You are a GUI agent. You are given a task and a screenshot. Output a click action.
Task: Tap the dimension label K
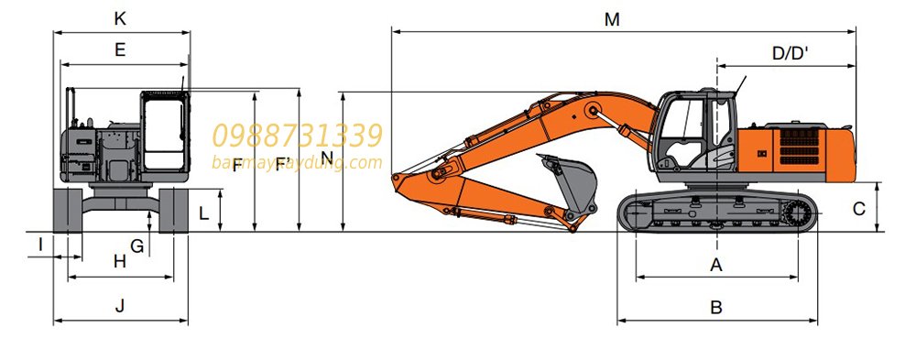pyautogui.click(x=120, y=18)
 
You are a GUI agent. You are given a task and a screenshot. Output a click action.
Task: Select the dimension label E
pyautogui.click(x=120, y=51)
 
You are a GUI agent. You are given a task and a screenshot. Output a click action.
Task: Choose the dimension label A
pyautogui.click(x=717, y=265)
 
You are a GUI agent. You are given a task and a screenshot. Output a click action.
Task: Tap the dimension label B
pyautogui.click(x=717, y=308)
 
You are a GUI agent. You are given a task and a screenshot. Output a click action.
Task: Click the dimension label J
pyautogui.click(x=120, y=307)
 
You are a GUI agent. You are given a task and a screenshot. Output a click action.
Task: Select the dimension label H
pyautogui.click(x=120, y=261)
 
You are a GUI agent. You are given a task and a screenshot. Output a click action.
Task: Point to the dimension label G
pyautogui.click(x=136, y=245)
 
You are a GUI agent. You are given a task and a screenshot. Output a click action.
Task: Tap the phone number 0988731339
pyautogui.click(x=297, y=136)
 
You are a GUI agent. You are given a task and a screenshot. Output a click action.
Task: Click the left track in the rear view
pyautogui.click(x=68, y=210)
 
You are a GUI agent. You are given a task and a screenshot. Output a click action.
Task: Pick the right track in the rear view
pyautogui.click(x=174, y=210)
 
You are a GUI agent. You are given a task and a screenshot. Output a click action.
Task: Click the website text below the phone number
pyautogui.click(x=297, y=163)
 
